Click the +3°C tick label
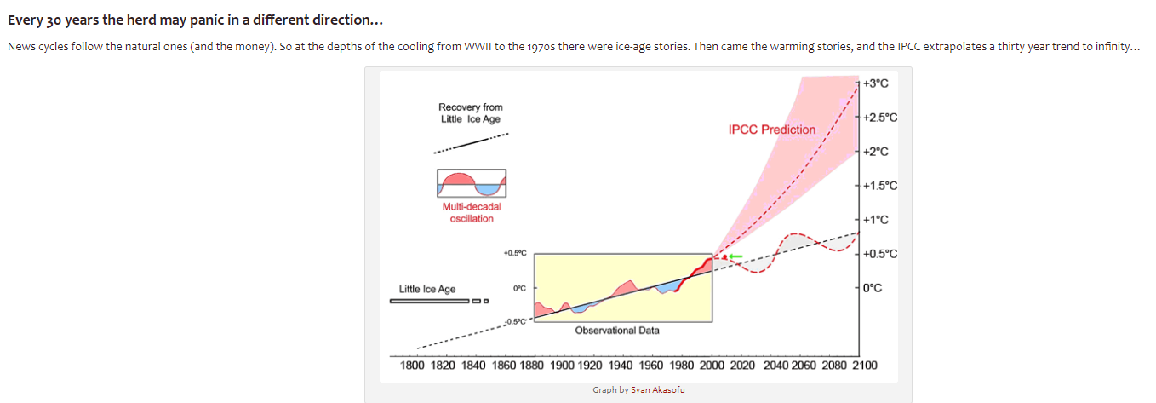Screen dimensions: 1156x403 [x=875, y=83]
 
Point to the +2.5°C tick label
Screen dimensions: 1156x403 [x=880, y=118]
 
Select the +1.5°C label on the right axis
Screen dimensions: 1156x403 [x=880, y=186]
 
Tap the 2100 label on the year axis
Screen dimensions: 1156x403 [x=864, y=366]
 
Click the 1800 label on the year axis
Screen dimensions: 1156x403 [x=412, y=366]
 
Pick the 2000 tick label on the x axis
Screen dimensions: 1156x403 [x=712, y=366]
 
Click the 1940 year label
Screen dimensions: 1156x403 [x=621, y=366]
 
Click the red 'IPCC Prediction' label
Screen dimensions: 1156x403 [x=772, y=130]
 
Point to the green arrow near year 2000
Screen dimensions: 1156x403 [x=735, y=256]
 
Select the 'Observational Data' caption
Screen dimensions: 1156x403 [x=617, y=331]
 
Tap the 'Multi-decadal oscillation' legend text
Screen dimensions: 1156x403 [x=472, y=212]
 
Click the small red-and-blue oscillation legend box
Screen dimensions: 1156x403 [x=472, y=183]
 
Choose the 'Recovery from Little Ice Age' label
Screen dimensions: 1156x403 [x=470, y=113]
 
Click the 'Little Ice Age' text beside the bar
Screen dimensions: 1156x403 [x=427, y=290]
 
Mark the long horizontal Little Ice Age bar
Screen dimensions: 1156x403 [x=430, y=301]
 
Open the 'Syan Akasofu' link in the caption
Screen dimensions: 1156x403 [x=658, y=390]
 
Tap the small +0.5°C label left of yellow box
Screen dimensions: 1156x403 [x=515, y=253]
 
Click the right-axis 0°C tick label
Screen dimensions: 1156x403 [x=873, y=288]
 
